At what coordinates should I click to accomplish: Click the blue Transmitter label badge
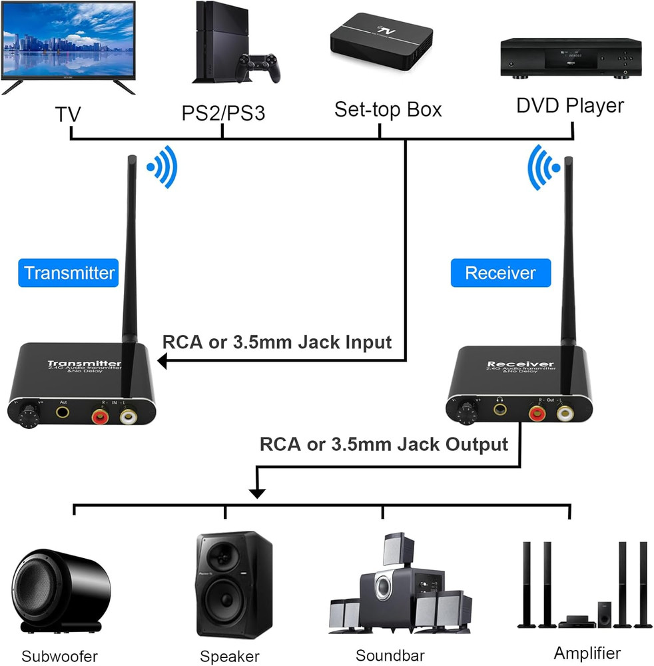pyautogui.click(x=69, y=272)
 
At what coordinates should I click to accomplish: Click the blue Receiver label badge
pyautogui.click(x=500, y=273)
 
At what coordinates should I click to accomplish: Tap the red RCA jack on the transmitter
pyautogui.click(x=100, y=417)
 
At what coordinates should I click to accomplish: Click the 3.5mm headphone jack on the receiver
pyautogui.click(x=499, y=406)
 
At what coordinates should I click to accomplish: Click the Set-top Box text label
pyautogui.click(x=388, y=109)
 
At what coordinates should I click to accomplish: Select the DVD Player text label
pyautogui.click(x=570, y=106)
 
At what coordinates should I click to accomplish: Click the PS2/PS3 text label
pyautogui.click(x=223, y=113)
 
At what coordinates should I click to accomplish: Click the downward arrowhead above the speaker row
pyautogui.click(x=257, y=493)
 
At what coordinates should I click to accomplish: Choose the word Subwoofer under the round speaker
pyautogui.click(x=59, y=656)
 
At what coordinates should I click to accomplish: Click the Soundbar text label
pyautogui.click(x=390, y=655)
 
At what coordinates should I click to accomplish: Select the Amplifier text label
pyautogui.click(x=587, y=653)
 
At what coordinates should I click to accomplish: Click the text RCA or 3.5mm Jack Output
pyautogui.click(x=384, y=444)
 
